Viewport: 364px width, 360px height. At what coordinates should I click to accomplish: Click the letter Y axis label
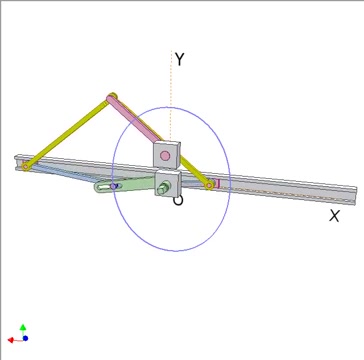coord(180,59)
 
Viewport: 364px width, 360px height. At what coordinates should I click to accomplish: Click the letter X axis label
coord(334,216)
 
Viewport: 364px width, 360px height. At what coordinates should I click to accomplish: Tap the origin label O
coord(178,201)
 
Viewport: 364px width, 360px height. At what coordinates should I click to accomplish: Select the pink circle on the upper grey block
coord(165,155)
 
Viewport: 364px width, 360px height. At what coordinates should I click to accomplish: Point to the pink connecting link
coord(134,120)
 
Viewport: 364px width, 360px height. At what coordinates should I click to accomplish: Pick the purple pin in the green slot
coord(114,187)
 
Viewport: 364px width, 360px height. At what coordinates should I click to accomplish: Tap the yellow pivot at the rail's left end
coord(26,166)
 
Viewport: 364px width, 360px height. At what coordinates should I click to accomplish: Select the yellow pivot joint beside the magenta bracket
coord(209,185)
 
